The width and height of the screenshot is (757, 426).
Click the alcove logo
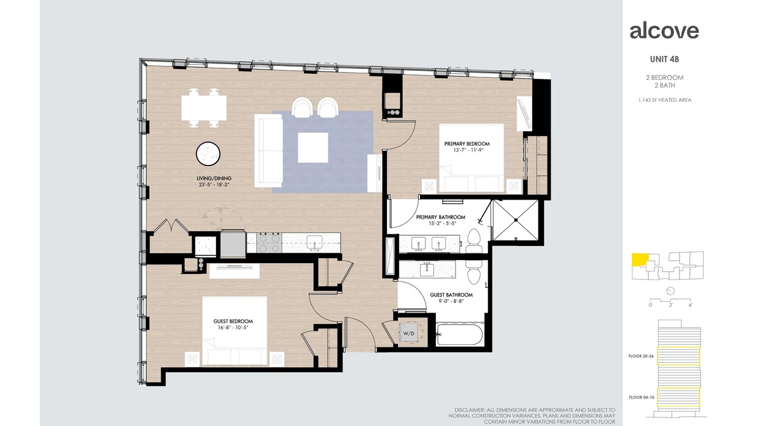[x=664, y=31]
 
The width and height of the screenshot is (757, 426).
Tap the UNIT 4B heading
[x=664, y=60]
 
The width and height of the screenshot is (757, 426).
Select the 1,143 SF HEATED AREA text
[x=664, y=100]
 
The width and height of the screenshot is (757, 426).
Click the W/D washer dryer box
[x=408, y=334]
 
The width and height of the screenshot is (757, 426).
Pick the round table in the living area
[x=209, y=153]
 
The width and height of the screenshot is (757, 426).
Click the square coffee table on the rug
[x=313, y=147]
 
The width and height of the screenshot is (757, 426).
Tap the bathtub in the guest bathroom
[x=460, y=335]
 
